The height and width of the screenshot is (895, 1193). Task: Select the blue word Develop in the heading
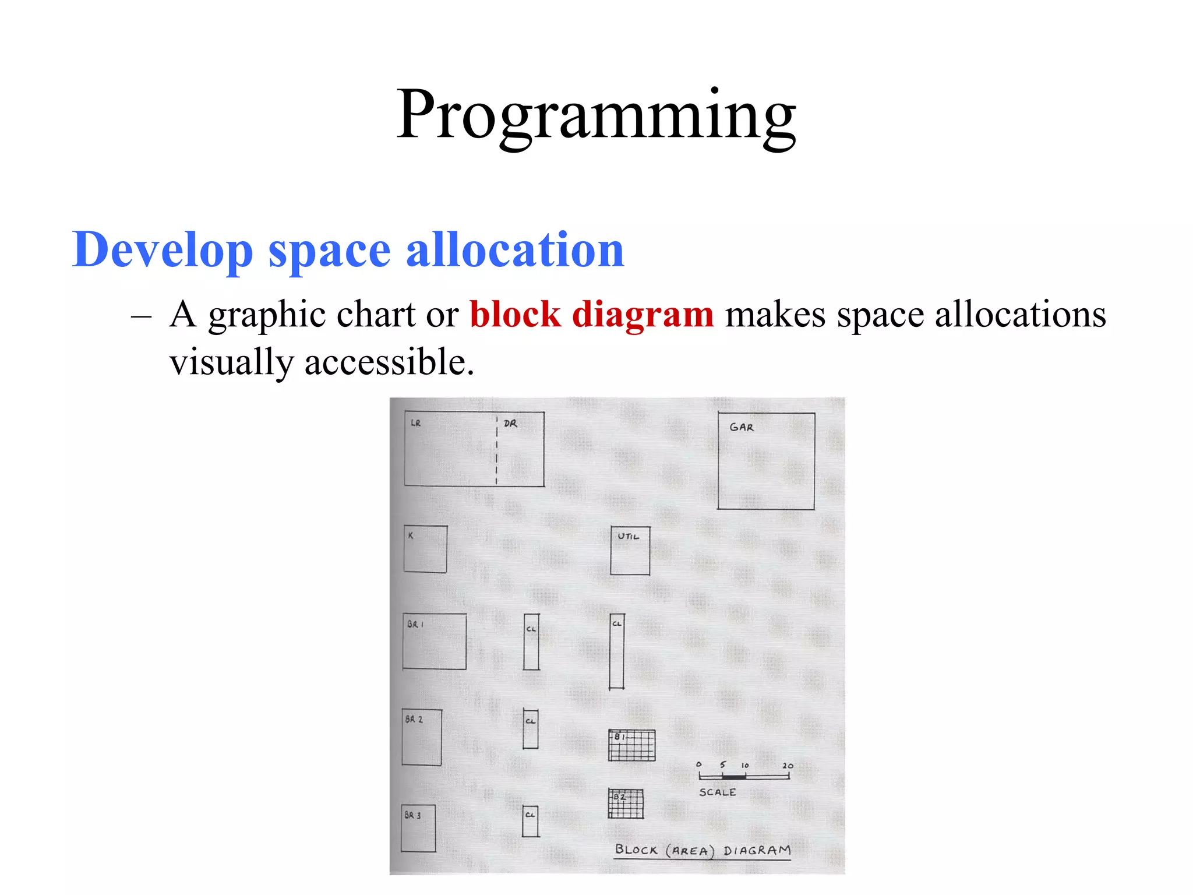[x=163, y=251]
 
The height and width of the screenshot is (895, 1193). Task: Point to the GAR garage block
[x=766, y=461]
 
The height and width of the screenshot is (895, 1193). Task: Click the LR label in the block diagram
[x=415, y=423]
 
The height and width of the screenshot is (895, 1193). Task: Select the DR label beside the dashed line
[x=510, y=424]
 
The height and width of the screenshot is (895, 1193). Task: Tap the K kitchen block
[x=425, y=549]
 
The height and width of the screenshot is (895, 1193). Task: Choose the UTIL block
[x=630, y=551]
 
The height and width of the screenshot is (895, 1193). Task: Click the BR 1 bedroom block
[x=435, y=641]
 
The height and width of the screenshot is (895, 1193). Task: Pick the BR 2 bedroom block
[x=422, y=737]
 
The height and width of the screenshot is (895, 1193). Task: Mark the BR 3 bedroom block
[x=418, y=828]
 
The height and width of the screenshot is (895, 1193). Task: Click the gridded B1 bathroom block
[x=631, y=745]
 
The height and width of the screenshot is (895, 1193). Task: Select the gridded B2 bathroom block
[x=626, y=804]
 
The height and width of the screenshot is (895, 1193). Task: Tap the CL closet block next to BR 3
[x=530, y=821]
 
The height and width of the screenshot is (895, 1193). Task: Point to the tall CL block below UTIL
[x=617, y=651]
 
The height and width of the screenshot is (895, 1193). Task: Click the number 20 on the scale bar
[x=788, y=766]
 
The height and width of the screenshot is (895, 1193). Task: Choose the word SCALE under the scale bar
[x=717, y=792]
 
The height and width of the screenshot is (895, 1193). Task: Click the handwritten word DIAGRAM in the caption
[x=757, y=850]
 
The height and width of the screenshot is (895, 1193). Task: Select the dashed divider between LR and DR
[x=496, y=450]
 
